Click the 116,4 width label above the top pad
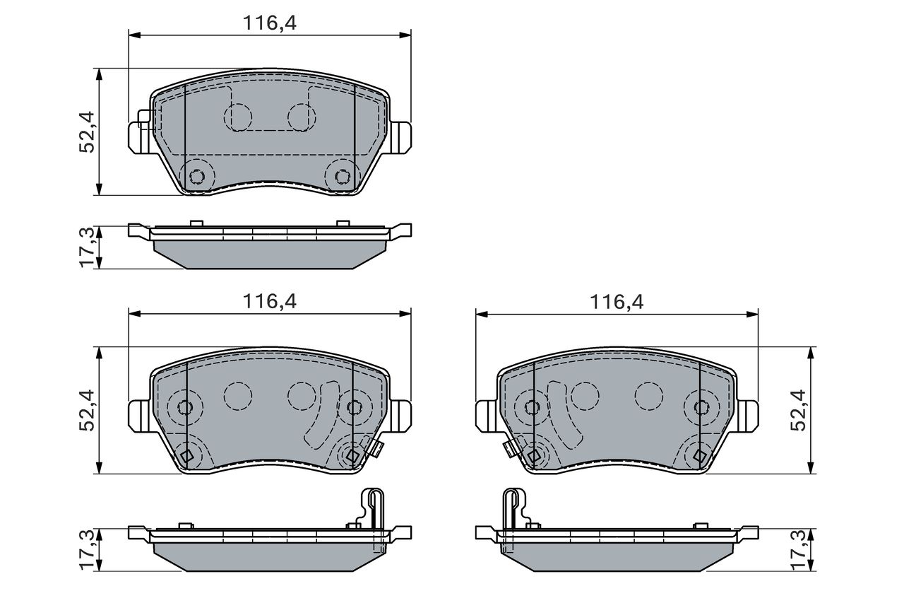tap(269, 23)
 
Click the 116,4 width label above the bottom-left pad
tap(269, 301)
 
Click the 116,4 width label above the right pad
tap(617, 302)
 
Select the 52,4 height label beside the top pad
tap(87, 131)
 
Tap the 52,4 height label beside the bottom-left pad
tap(87, 410)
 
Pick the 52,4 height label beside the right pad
tap(798, 410)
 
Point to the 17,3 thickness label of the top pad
tap(87, 247)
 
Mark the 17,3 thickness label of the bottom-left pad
tap(87, 549)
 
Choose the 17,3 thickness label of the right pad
tap(798, 549)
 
